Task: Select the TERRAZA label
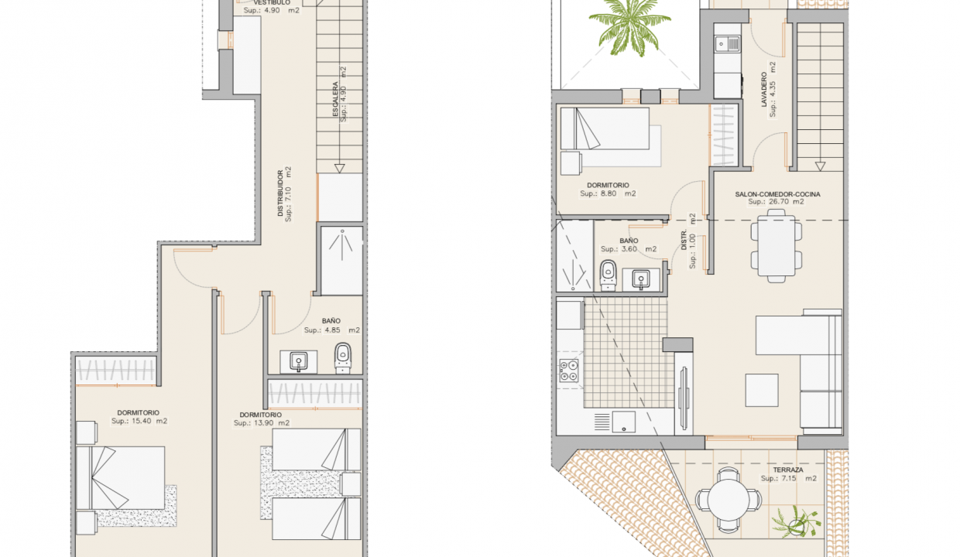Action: point(787,470)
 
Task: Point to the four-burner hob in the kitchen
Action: point(571,370)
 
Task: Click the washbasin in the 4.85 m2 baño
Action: point(298,360)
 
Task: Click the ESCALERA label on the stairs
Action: point(335,101)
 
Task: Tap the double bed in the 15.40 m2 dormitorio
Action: point(128,477)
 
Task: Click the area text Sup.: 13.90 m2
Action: point(262,423)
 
